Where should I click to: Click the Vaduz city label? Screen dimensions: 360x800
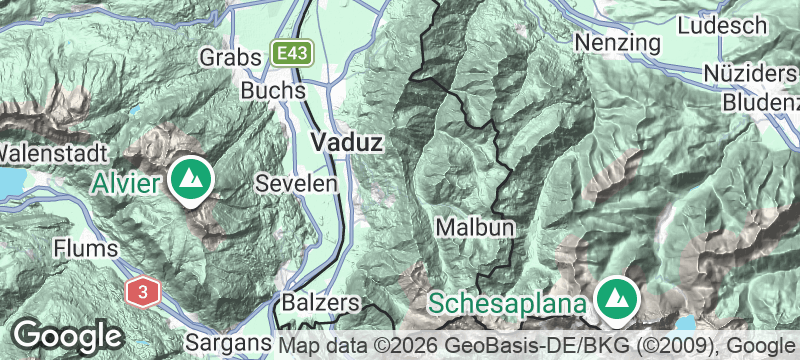point(346,143)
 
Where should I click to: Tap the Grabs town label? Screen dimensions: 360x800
point(228,56)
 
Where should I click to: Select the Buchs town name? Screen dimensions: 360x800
point(273,90)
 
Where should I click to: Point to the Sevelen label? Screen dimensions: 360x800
point(288,184)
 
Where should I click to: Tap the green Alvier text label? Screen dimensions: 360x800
point(130,182)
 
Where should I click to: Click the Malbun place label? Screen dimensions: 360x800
point(476,228)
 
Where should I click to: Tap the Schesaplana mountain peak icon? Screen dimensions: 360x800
point(617,297)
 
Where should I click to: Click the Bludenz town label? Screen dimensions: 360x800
point(760,103)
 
